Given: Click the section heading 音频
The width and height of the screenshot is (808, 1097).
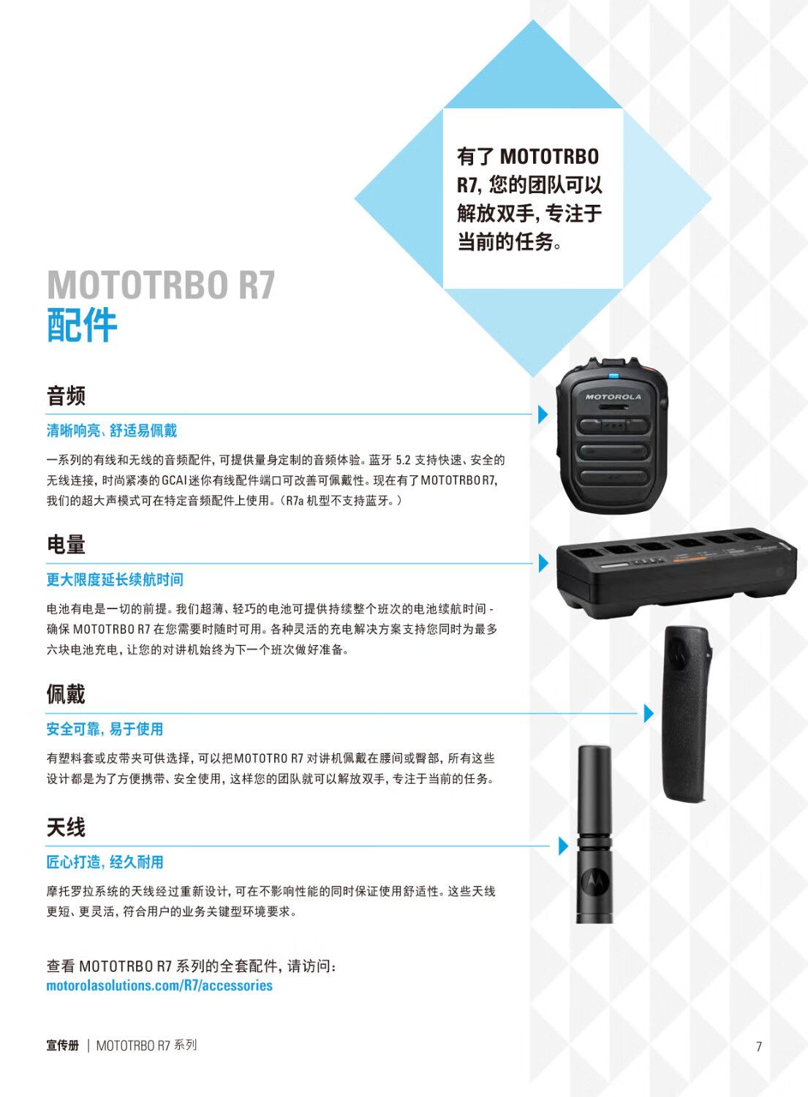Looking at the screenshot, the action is pos(66,396).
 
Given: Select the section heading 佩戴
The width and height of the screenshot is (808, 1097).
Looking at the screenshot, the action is pos(66,694).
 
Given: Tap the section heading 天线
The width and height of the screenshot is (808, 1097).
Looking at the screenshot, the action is pos(66,827).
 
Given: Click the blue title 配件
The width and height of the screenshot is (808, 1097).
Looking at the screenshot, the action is pos(82,325).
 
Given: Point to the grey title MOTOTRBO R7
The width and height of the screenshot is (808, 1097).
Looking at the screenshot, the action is pos(161,284).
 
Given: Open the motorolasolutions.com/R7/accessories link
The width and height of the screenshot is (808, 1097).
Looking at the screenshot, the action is pos(159,985).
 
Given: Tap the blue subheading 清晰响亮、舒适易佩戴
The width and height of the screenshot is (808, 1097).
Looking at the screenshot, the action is pos(112,431).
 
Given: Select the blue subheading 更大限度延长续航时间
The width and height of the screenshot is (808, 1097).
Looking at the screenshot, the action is pos(115,580).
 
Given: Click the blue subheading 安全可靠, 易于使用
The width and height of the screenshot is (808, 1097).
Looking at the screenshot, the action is pos(105,728).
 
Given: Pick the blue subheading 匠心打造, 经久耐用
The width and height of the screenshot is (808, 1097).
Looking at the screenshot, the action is pos(105,862).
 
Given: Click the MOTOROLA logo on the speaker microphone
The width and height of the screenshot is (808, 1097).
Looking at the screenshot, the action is pos(613,396).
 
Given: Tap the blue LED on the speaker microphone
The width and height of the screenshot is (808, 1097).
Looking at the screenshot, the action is pos(613,377).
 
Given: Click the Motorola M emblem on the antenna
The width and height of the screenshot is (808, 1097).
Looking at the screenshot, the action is pos(594,882).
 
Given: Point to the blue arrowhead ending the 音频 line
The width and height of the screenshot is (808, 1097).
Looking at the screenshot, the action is pos(543,415).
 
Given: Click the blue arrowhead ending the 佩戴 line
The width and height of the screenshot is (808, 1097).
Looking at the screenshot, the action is pos(649,713).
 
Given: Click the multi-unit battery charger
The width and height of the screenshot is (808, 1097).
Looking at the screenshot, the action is pos(676,573).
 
